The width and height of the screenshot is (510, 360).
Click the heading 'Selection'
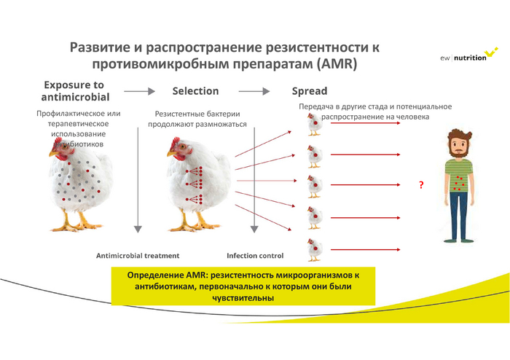click(x=195, y=91)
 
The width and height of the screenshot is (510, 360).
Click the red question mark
click(x=421, y=185)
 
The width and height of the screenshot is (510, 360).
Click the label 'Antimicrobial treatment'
click(x=138, y=256)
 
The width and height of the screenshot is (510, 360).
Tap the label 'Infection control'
click(x=255, y=256)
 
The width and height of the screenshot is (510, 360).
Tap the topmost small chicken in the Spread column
click(x=313, y=125)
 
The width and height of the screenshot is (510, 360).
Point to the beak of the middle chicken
click(x=168, y=155)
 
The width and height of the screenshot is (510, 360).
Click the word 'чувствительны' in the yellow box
click(x=243, y=297)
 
